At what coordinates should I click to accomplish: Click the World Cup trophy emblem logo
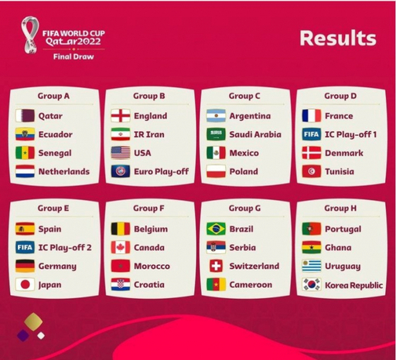[30, 35]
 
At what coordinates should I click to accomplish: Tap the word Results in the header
[338, 38]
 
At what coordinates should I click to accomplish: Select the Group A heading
[53, 96]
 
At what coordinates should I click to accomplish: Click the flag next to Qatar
[25, 116]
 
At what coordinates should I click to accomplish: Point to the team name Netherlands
[64, 172]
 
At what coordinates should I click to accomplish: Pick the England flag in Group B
[121, 116]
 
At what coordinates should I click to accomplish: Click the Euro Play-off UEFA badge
[121, 172]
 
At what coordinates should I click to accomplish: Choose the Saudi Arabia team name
[255, 134]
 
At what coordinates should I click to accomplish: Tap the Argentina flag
[216, 116]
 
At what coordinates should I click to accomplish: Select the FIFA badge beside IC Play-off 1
[312, 134]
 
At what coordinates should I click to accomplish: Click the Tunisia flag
[312, 172]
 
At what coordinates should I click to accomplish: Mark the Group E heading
[53, 208]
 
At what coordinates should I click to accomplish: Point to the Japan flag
[25, 284]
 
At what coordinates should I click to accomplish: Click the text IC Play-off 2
[65, 248]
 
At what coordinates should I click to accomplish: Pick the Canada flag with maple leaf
[121, 247]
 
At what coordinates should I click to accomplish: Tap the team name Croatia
[149, 284]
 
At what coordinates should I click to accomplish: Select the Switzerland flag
[216, 266]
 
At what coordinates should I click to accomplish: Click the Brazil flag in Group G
[216, 229]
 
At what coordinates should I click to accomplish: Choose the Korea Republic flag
[312, 284]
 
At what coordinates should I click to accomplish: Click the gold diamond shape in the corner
[33, 322]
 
